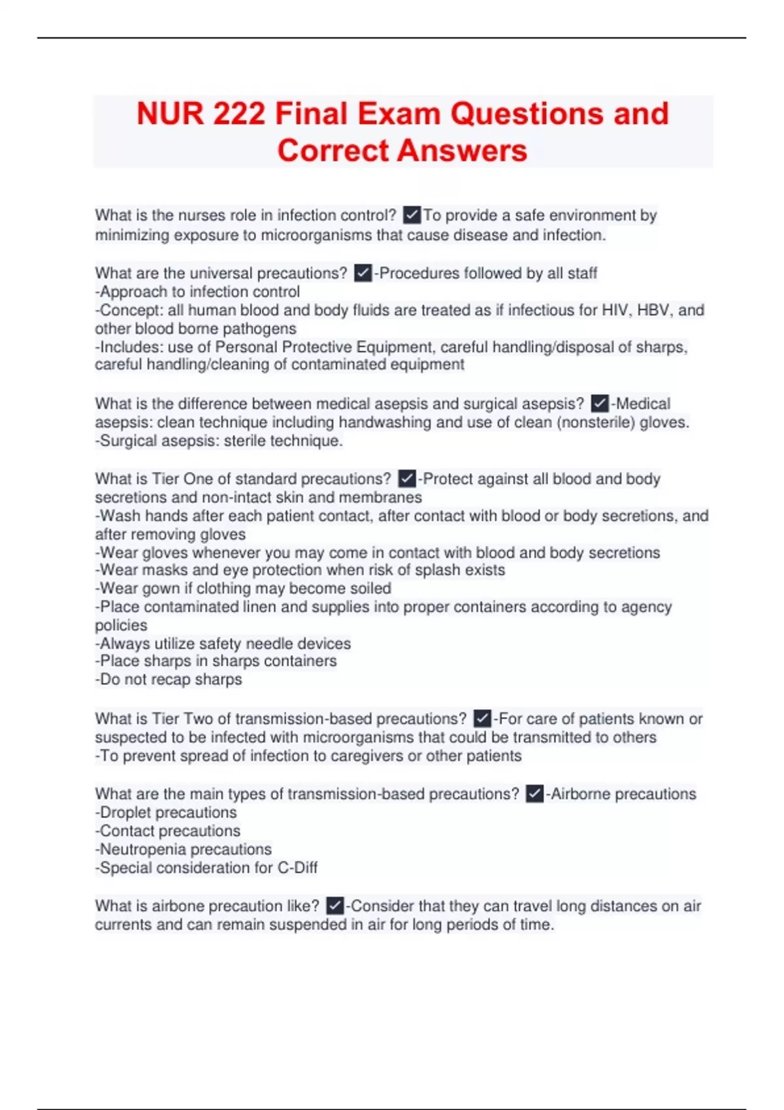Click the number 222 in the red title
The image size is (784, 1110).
click(x=239, y=114)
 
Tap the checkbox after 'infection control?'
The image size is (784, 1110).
click(x=412, y=215)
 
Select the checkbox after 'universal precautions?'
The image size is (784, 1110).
click(x=363, y=273)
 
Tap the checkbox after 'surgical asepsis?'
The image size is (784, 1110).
click(x=600, y=404)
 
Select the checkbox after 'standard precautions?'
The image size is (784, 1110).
click(x=407, y=479)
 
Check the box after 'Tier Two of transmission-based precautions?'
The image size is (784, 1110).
click(x=482, y=719)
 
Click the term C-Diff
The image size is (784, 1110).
click(x=297, y=868)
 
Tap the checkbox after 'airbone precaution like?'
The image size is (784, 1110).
click(x=335, y=906)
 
